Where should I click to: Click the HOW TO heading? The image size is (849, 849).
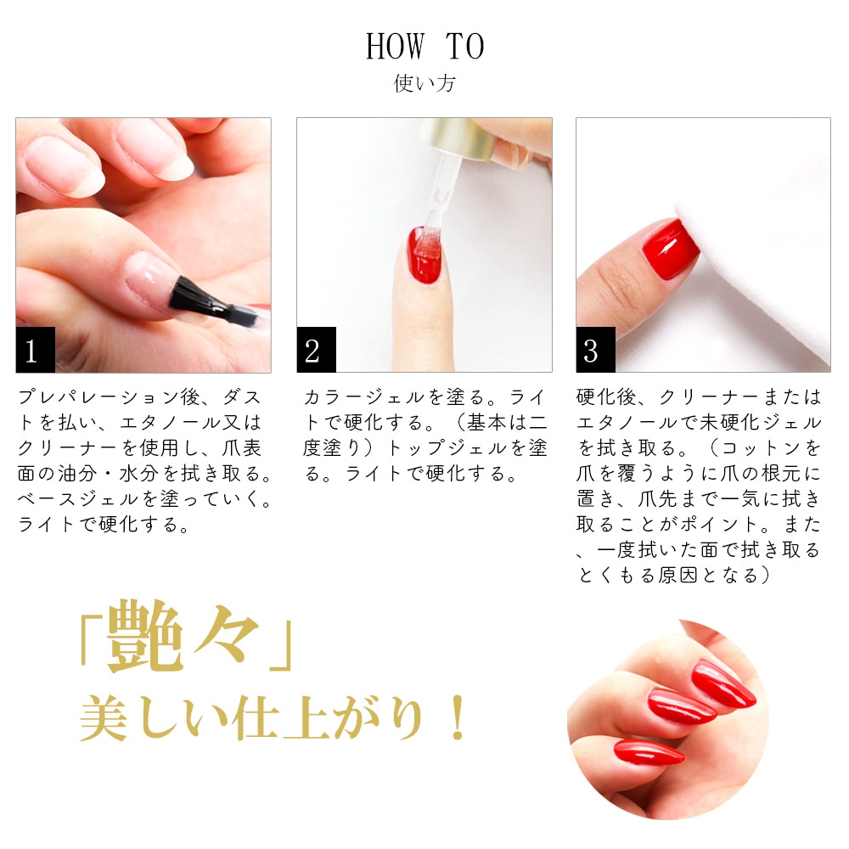(424, 47)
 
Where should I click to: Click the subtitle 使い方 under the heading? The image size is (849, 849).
(424, 85)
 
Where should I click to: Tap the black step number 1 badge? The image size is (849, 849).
(35, 350)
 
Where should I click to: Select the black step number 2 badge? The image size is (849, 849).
(315, 350)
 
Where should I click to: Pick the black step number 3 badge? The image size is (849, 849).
(595, 350)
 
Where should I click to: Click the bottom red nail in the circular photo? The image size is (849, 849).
(649, 751)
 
